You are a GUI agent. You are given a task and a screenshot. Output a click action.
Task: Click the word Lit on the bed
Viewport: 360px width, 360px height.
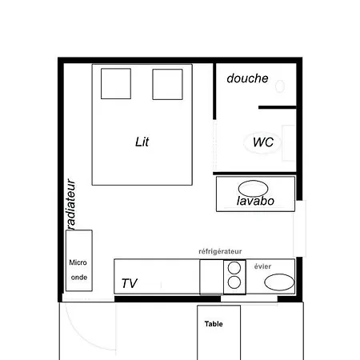(x=142, y=142)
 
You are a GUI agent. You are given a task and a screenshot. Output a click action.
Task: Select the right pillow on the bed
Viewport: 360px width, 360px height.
(x=166, y=83)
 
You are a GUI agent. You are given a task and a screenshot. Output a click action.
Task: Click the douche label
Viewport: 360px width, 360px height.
(x=246, y=78)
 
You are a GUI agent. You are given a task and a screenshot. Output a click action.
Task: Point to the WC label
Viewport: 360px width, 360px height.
(x=263, y=142)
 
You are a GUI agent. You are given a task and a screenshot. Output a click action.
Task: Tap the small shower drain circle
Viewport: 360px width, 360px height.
(x=279, y=84)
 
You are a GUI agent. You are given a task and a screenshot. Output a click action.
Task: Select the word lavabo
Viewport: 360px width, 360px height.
(x=256, y=201)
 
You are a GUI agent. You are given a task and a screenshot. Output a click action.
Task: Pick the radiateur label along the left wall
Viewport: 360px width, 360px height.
(x=70, y=204)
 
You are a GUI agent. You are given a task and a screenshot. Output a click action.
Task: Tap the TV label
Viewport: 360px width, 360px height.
(x=130, y=283)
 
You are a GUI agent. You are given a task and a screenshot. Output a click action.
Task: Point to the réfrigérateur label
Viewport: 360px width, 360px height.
(x=220, y=251)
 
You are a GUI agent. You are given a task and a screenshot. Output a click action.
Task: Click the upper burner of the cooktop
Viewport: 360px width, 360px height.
(x=234, y=268)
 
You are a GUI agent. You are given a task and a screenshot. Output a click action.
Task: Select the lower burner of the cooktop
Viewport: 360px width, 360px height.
(x=234, y=282)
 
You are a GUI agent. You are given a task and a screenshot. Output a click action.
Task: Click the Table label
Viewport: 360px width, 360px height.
(x=214, y=324)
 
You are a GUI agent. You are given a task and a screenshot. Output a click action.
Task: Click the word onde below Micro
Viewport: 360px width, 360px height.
(x=79, y=278)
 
